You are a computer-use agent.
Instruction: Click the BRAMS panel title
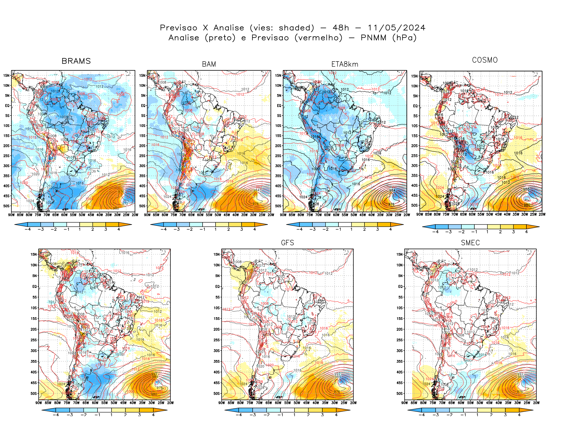(76, 61)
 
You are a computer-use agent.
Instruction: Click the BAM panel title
(209, 64)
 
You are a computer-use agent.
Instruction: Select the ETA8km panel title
(345, 64)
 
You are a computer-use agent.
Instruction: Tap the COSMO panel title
(485, 60)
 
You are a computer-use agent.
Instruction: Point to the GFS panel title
(287, 243)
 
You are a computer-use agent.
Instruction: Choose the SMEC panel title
(470, 243)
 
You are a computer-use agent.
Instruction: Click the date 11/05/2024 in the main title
(396, 28)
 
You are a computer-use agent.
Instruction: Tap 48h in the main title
(341, 28)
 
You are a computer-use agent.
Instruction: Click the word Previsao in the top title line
(179, 28)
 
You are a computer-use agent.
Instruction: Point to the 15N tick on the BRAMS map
(6, 76)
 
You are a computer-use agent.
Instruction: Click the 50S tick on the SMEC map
(400, 393)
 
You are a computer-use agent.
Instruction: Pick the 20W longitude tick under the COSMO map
(542, 214)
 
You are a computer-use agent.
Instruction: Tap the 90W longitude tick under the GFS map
(222, 403)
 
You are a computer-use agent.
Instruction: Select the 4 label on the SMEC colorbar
(519, 415)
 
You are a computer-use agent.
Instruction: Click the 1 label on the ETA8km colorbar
(351, 229)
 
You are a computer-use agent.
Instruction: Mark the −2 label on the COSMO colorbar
(461, 232)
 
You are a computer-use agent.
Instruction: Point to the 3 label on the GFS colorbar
(322, 415)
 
